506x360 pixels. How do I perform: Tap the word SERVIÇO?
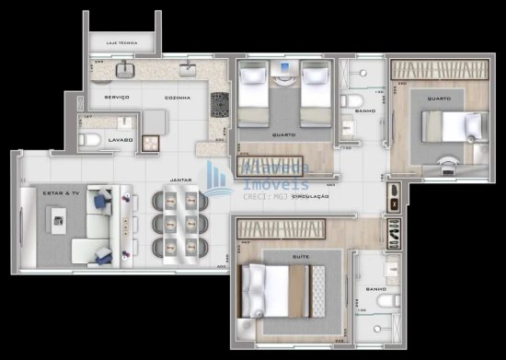(116, 97)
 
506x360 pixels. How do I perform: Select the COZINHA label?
(177, 97)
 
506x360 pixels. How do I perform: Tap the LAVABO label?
(121, 140)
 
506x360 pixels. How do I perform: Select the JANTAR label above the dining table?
(180, 180)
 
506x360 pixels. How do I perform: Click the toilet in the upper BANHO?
(351, 100)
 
